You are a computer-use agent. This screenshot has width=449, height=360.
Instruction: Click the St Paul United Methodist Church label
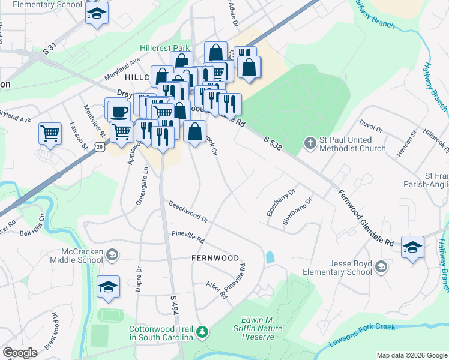352,144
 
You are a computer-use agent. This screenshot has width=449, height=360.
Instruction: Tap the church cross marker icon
310,143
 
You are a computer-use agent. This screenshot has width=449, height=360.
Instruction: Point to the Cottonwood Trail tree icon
203,331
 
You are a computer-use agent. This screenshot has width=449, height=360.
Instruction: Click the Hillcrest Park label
164,48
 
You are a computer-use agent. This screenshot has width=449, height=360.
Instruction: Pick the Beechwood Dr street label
188,213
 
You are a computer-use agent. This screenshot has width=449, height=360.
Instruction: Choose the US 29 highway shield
98,146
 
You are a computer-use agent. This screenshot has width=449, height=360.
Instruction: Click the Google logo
20,353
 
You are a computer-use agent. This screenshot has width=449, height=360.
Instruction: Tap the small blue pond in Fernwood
270,257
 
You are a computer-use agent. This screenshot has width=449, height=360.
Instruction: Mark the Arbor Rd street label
217,290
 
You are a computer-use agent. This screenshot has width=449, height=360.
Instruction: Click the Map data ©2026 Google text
412,355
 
